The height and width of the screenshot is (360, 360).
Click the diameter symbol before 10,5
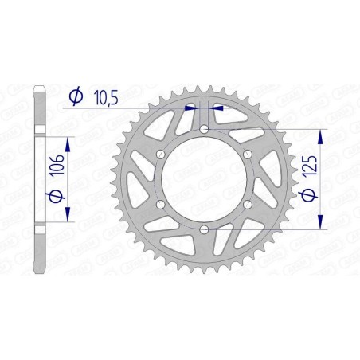[x=76, y=97]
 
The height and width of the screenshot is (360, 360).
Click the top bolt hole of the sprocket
[x=204, y=128]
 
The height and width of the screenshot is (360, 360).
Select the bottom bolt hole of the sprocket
[x=204, y=229]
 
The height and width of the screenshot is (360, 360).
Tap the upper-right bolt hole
[x=248, y=154]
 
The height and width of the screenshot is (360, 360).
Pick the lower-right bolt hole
[x=248, y=205]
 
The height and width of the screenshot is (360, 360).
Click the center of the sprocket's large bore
[x=204, y=179]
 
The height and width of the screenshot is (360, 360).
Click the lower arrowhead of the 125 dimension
[x=321, y=223]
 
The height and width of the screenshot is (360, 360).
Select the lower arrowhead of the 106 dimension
[x=67, y=217]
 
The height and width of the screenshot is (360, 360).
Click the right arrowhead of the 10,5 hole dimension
[x=217, y=105]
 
